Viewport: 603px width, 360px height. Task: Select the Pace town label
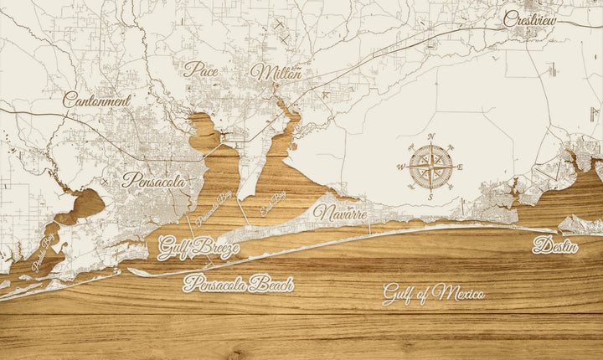[201, 69]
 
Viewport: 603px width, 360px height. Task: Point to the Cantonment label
[97, 100]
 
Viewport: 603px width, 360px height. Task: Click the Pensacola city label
[154, 179]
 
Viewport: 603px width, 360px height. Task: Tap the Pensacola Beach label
[239, 283]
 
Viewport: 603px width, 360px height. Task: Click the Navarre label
[340, 213]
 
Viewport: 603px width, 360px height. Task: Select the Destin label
[555, 246]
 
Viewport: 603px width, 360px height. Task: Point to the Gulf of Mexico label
[434, 293]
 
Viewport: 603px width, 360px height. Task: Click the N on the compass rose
[430, 136]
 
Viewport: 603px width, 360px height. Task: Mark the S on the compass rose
[430, 198]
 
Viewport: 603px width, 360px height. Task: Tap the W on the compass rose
[399, 167]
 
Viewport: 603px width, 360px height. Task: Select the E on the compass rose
[460, 167]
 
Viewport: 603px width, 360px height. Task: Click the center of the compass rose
[430, 167]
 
